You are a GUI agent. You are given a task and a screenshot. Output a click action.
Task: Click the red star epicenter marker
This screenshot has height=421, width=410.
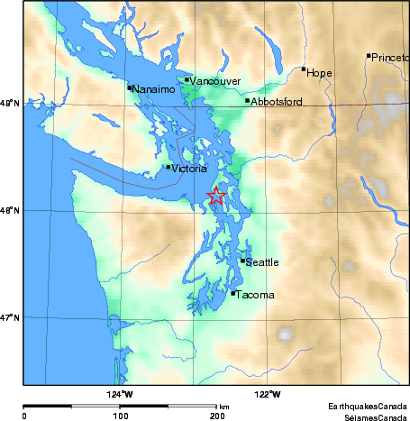(216, 197)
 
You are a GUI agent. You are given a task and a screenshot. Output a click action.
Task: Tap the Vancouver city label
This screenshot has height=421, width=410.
(215, 81)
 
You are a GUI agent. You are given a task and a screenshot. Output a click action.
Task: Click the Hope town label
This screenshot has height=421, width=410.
(320, 73)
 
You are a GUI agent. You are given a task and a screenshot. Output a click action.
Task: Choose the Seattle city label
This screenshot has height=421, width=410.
(262, 262)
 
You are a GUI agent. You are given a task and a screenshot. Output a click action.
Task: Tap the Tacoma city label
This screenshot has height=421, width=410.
(255, 294)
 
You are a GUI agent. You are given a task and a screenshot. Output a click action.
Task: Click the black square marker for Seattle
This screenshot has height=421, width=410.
(243, 261)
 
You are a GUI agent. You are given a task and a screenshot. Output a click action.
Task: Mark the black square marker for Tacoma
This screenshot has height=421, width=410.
(233, 293)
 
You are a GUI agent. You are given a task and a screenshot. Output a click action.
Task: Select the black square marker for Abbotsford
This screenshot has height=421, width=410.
(248, 100)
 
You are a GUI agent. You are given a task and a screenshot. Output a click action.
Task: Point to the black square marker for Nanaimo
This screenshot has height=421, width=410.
(129, 87)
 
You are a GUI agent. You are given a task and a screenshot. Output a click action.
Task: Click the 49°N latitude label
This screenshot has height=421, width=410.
(11, 105)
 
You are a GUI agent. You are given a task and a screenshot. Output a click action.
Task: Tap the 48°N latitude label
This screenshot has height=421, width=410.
(11, 211)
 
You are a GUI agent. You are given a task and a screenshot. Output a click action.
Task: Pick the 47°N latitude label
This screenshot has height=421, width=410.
(11, 317)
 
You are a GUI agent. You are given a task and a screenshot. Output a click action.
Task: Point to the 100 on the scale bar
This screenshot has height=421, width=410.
(120, 416)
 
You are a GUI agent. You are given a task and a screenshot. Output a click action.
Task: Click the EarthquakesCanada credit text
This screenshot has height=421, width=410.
(366, 405)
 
